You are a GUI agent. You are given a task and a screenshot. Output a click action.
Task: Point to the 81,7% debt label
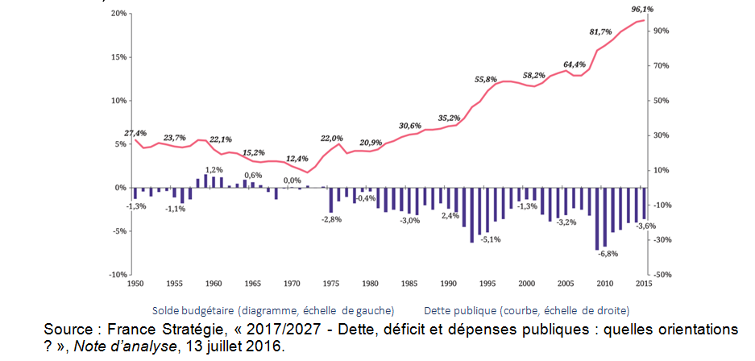click(601, 32)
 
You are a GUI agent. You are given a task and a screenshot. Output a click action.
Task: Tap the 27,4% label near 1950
click(135, 133)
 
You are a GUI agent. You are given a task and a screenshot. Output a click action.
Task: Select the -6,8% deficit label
click(608, 254)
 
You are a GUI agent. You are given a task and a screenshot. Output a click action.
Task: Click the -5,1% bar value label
click(490, 239)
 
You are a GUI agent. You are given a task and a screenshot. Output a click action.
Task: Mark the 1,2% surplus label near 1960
click(214, 170)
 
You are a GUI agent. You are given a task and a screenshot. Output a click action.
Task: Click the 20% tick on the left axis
click(117, 14)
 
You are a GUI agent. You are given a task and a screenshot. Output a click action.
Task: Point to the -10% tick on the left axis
click(115, 275)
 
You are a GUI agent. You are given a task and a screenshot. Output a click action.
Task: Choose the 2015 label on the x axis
click(643, 284)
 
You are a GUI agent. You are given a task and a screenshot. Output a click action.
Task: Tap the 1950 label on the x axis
click(134, 284)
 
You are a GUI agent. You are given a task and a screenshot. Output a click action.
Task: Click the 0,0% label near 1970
click(292, 180)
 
